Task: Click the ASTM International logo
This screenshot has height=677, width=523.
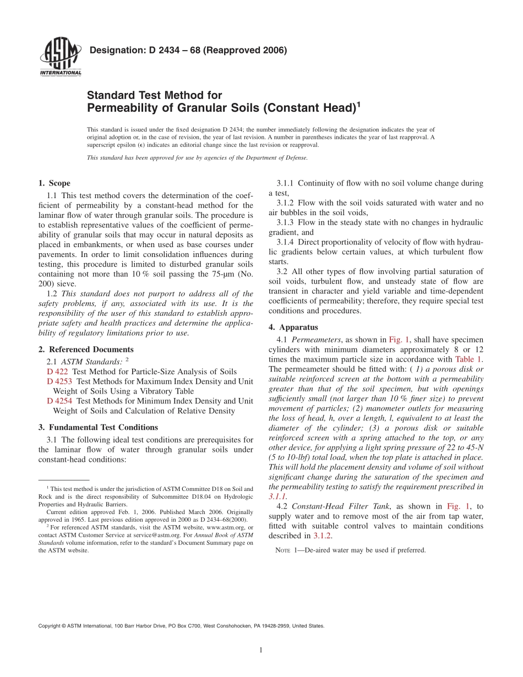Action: pyautogui.click(x=61, y=57)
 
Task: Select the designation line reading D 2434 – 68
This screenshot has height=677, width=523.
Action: pyautogui.click(x=188, y=51)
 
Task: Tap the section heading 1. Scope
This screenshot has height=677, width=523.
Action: pyautogui.click(x=55, y=183)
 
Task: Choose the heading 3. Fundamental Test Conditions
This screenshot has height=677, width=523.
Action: pyautogui.click(x=98, y=427)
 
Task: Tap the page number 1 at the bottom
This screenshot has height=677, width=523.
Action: pyautogui.click(x=261, y=651)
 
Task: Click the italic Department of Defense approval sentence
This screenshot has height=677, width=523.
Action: pyautogui.click(x=197, y=158)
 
